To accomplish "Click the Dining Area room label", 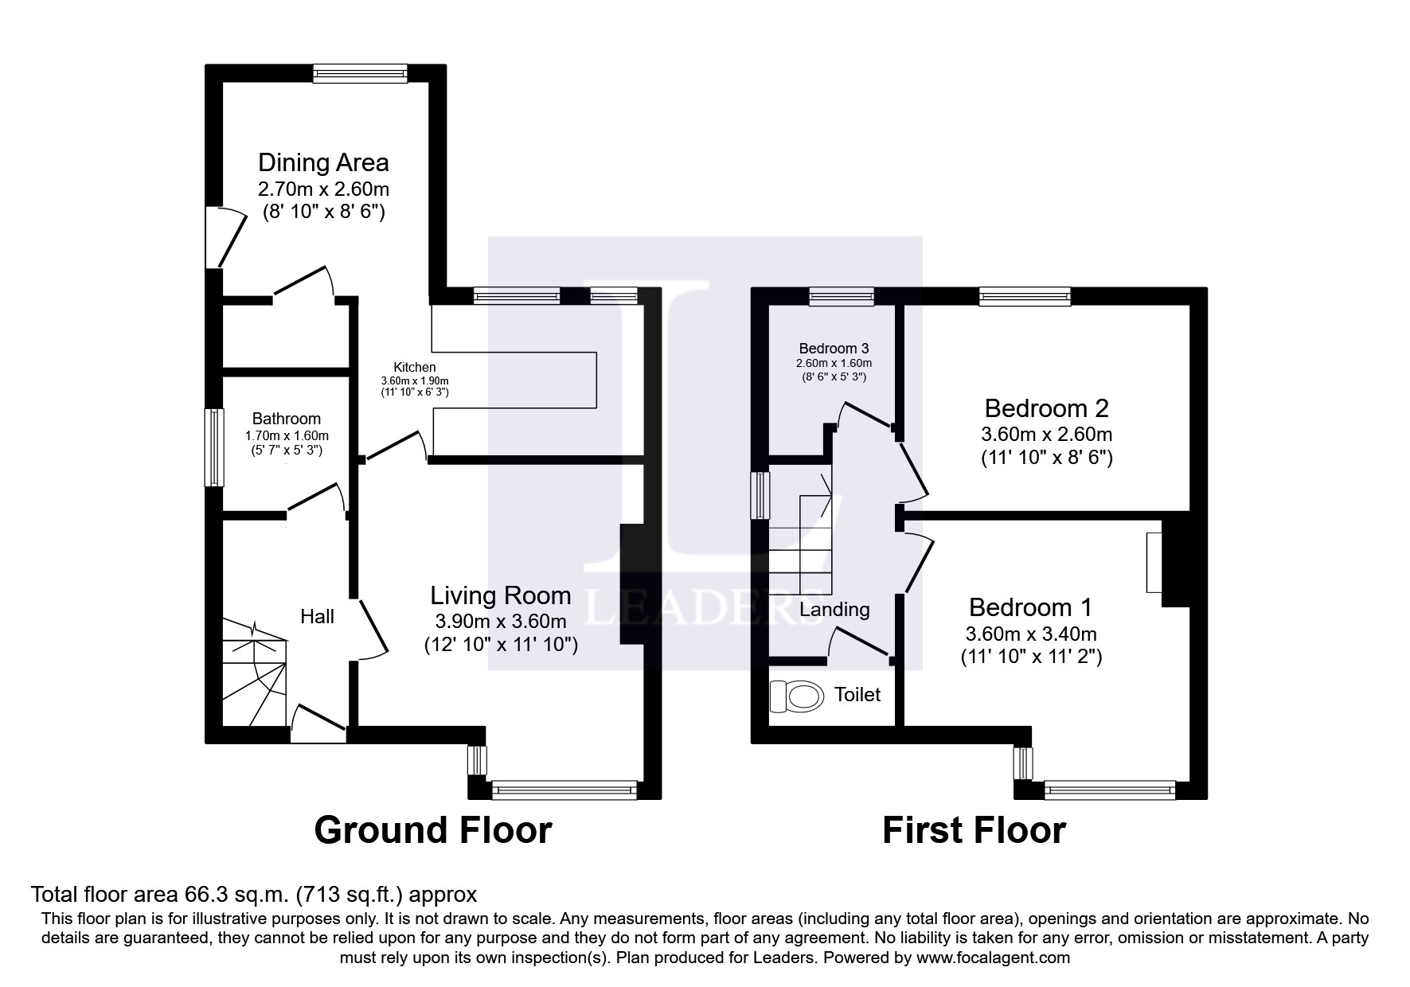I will click(x=323, y=162).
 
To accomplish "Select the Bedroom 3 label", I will click(x=834, y=349).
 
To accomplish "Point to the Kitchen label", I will click(x=415, y=367).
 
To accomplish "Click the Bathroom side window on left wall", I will click(x=213, y=447).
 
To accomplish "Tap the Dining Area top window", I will click(x=360, y=74).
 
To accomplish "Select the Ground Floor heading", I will click(x=432, y=830).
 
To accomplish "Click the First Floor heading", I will click(x=973, y=830).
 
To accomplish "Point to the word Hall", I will click(x=317, y=617).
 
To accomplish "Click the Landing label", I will click(x=834, y=610).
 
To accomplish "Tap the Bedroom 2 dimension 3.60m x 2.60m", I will click(x=1046, y=435).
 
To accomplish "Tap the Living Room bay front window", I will click(x=564, y=790).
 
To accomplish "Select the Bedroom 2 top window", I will click(x=1024, y=297).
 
